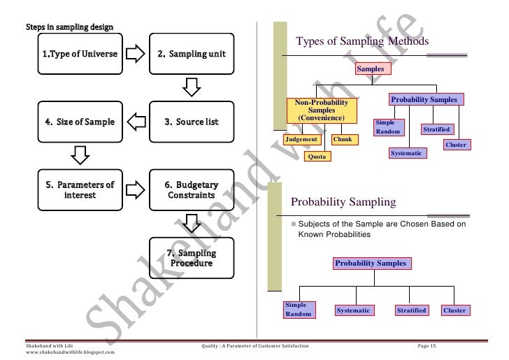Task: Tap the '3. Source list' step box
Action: (191, 122)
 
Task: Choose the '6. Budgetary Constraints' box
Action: (191, 189)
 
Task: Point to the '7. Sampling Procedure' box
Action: (191, 258)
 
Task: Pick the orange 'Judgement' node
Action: (302, 140)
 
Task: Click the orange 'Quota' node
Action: (316, 157)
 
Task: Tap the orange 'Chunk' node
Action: (343, 140)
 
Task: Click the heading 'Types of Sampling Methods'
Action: (362, 42)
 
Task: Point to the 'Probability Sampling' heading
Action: (343, 203)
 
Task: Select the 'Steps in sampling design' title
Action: (70, 27)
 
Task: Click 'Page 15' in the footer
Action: (426, 347)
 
